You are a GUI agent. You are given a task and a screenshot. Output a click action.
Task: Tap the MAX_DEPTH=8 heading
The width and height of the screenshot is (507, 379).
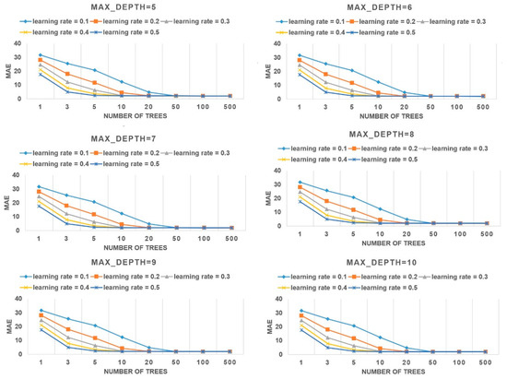pyautogui.click(x=380, y=133)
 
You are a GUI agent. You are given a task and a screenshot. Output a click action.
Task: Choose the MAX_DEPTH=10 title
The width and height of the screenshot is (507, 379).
pyautogui.click(x=380, y=260)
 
